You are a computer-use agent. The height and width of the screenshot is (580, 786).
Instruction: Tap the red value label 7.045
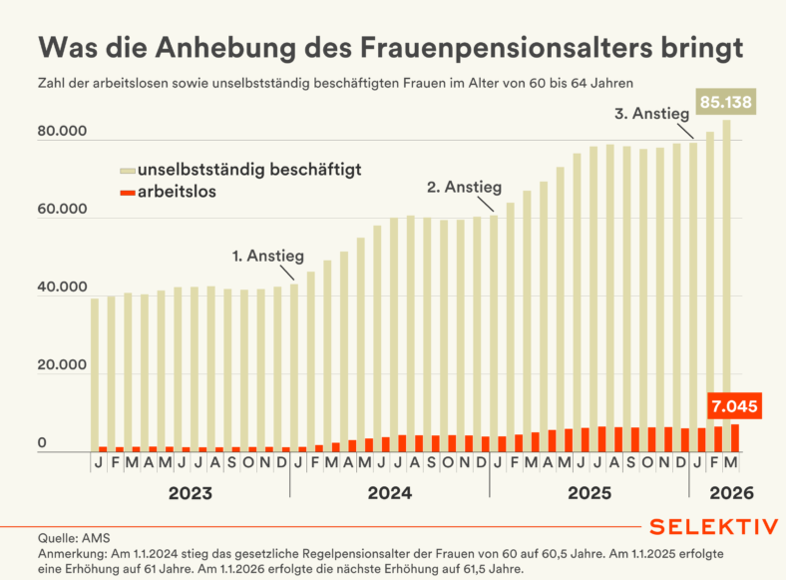pos(734,406)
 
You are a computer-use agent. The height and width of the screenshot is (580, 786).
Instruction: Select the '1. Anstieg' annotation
pos(267,256)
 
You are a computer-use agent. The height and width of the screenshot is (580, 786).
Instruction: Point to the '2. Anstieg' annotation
pos(464,187)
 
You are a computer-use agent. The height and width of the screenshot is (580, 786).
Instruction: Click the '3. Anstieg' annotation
pos(654,114)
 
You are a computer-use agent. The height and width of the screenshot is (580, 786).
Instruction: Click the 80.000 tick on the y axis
pos(62,133)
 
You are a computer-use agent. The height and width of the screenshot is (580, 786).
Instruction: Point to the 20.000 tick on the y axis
pos(62,367)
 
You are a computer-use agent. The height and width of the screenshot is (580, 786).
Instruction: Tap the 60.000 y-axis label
pos(62,212)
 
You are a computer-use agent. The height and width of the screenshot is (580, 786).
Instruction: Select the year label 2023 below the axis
pos(190,493)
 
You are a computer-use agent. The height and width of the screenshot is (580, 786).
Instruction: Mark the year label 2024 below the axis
pos(390,493)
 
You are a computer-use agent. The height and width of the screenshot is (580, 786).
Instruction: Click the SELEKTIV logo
pos(712,526)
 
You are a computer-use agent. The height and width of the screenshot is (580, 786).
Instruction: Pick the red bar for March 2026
pos(734,438)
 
